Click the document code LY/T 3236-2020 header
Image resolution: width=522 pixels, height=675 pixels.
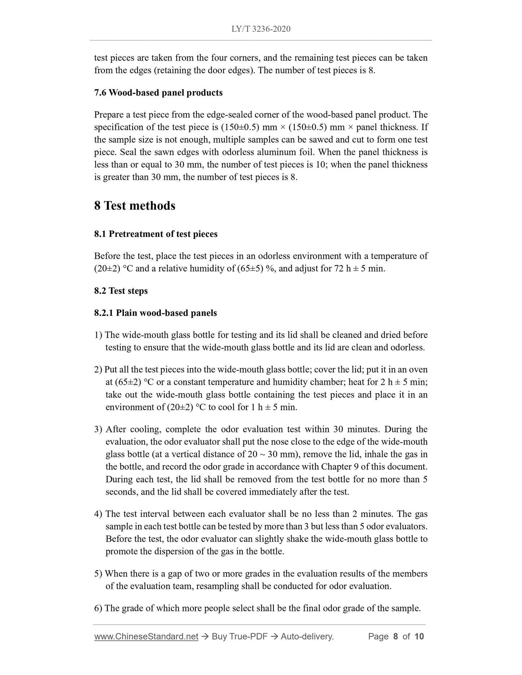(x=261, y=29)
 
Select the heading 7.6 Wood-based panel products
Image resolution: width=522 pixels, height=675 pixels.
(x=158, y=93)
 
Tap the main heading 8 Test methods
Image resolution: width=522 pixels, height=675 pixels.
(x=135, y=206)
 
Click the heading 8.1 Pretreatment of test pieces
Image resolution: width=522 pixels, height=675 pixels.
(x=156, y=234)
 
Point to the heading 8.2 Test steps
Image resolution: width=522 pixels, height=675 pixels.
(x=121, y=291)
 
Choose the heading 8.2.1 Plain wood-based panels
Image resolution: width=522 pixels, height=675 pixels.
(x=155, y=313)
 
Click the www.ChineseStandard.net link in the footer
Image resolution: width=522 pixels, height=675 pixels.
(x=146, y=636)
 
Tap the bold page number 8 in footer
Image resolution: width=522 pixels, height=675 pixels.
(x=395, y=636)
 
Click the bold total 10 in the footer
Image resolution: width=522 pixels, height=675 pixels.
(x=419, y=636)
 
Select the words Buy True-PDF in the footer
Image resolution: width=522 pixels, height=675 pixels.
(x=239, y=636)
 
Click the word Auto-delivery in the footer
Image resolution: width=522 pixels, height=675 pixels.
(x=307, y=636)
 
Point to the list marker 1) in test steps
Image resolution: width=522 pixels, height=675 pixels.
(x=98, y=335)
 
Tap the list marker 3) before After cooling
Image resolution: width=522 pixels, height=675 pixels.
(x=98, y=430)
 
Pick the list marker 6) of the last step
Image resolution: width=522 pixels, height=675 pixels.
(x=98, y=609)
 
